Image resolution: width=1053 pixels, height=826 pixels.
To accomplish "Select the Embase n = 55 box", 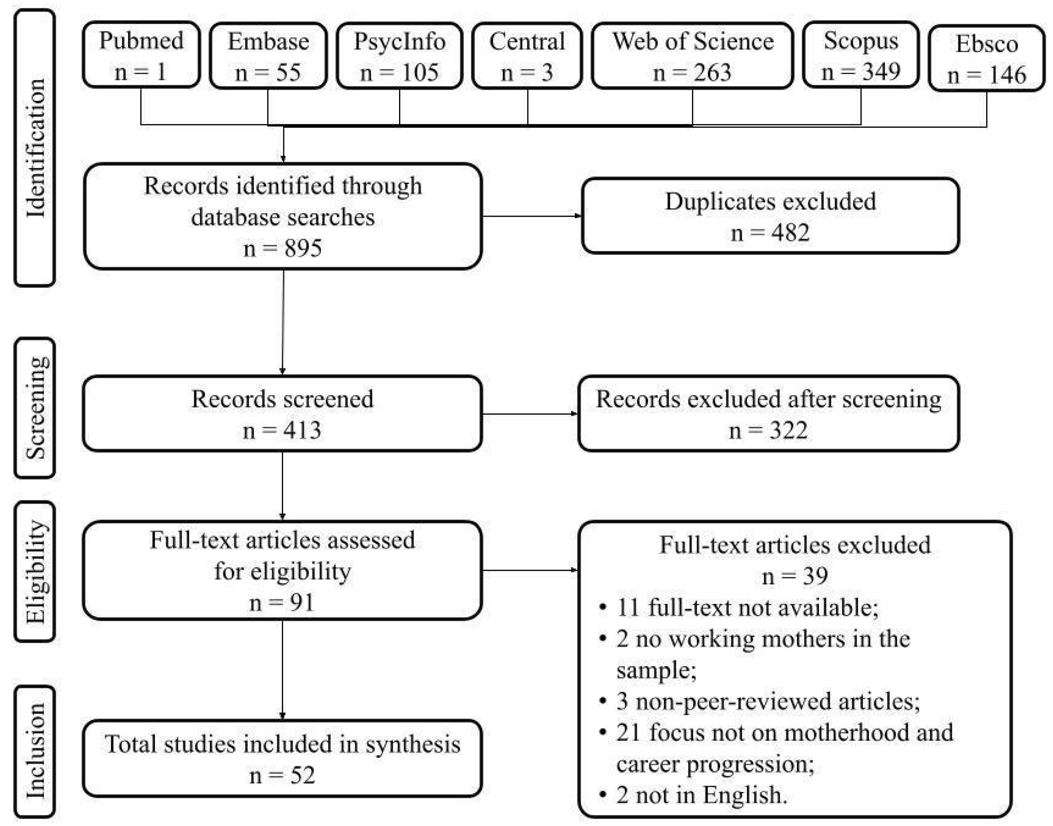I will (x=268, y=56).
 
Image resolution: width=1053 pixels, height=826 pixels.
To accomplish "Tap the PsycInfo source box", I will (x=399, y=56).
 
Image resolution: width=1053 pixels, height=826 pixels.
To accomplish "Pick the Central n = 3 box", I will (x=527, y=56).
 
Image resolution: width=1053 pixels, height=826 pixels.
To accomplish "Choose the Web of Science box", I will (x=692, y=56).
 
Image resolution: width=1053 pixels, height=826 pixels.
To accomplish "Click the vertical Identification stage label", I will (x=35, y=148).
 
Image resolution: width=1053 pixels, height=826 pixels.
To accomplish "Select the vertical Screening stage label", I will (x=35, y=408).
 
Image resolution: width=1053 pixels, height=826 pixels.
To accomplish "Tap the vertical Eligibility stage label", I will (x=35, y=572).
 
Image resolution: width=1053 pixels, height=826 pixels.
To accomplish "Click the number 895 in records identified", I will (x=303, y=248).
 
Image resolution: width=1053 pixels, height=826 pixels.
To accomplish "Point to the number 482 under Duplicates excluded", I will (x=790, y=233).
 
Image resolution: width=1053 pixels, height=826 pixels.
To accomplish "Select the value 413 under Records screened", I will (x=302, y=430).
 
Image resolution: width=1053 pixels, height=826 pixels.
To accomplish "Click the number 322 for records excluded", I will (x=788, y=430).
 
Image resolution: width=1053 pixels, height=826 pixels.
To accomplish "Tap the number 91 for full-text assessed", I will (x=302, y=603).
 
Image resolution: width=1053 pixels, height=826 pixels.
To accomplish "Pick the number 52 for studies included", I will (x=302, y=776).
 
